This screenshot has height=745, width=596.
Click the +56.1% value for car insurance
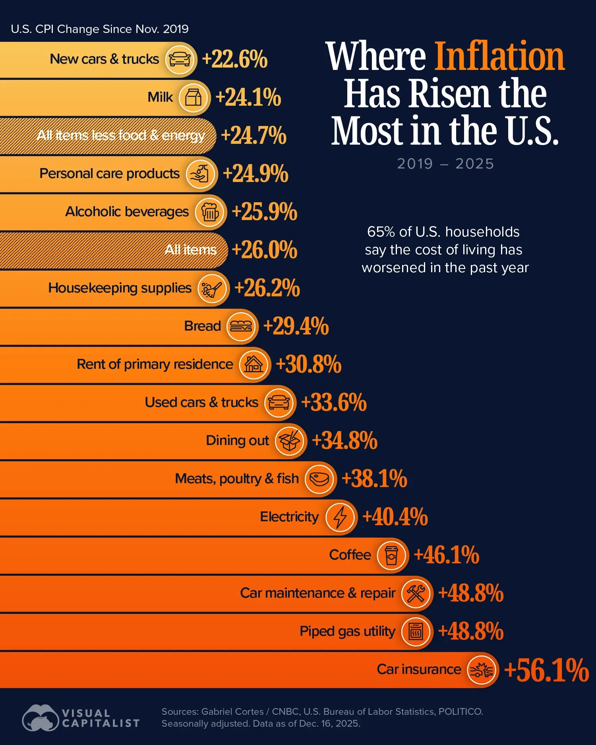(546, 670)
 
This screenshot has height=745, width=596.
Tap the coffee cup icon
(392, 555)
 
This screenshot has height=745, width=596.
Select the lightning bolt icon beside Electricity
(340, 517)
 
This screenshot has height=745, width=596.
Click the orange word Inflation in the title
(499, 56)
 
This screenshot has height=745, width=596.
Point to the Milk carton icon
(194, 97)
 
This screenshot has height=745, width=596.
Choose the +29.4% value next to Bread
(296, 326)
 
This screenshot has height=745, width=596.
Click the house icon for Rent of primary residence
(254, 364)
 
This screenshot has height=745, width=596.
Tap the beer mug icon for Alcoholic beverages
(210, 212)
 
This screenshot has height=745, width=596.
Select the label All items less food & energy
(121, 135)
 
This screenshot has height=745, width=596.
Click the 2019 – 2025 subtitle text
(445, 164)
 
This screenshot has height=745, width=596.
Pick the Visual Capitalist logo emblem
(40, 718)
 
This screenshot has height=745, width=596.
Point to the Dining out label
(237, 441)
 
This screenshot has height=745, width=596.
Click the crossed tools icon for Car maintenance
(416, 593)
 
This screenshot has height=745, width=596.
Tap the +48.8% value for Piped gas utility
(470, 631)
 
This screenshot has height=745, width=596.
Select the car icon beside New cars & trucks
(180, 59)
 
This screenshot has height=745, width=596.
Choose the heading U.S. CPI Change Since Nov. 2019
(100, 29)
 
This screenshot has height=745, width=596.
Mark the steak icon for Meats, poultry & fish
(319, 479)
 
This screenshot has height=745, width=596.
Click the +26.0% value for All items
(264, 250)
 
